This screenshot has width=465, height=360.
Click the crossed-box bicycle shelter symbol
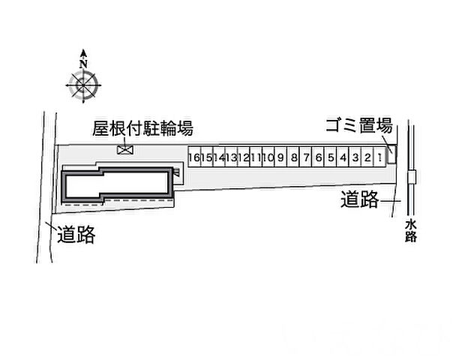coord(124,150)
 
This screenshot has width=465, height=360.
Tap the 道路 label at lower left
coord(76,235)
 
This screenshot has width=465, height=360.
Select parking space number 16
coord(193,157)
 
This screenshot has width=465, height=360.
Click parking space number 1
coord(380,157)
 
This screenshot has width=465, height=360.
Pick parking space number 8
coord(294,157)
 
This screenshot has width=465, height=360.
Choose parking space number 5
coord(331,157)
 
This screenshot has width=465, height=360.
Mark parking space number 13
coord(231,157)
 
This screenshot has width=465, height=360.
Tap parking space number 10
coord(268,157)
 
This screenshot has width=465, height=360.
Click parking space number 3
coord(355,157)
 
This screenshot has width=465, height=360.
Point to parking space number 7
coord(306,157)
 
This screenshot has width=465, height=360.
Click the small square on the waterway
coord(411,177)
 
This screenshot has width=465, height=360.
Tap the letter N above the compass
coord(83,54)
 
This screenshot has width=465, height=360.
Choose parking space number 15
coord(206,157)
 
